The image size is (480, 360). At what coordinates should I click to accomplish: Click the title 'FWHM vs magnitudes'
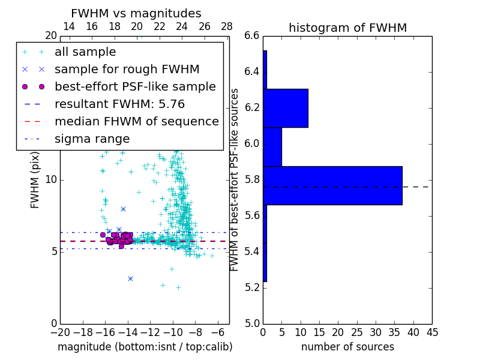tap(136, 14)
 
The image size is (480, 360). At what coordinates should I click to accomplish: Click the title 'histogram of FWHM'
tap(347, 28)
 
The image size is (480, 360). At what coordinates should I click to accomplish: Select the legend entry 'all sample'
tap(85, 52)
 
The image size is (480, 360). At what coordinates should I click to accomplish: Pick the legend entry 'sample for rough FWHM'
tap(127, 70)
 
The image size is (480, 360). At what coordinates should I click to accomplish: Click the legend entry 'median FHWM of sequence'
tap(136, 122)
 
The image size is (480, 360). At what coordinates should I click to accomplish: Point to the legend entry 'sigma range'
tap(92, 139)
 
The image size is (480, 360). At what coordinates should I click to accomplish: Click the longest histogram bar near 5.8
tap(332, 185)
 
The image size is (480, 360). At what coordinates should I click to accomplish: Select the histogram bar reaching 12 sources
tap(286, 108)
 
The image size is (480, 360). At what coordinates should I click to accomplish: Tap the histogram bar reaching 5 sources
tap(272, 147)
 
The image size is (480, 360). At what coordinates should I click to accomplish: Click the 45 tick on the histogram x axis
tap(431, 332)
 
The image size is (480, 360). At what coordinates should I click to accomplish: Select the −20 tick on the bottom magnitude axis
tap(60, 332)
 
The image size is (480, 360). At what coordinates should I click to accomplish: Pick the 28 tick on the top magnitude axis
tap(227, 26)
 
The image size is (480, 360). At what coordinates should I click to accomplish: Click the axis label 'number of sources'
tap(347, 347)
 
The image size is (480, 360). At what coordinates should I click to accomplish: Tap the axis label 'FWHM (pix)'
tap(35, 179)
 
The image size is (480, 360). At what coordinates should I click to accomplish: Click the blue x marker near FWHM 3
tap(130, 278)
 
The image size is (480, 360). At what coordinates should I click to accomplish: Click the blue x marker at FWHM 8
tap(123, 209)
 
